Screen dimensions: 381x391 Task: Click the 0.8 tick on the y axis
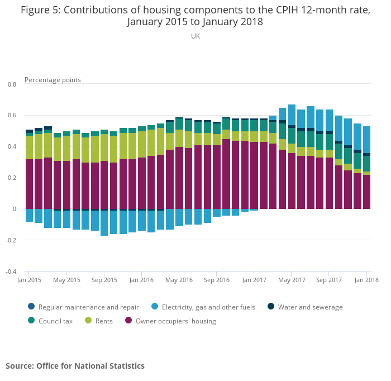point(12,84)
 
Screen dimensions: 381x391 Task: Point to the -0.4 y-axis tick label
point(11,272)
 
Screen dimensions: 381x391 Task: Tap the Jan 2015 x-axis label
point(29,280)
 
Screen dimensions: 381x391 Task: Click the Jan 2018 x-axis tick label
point(367,280)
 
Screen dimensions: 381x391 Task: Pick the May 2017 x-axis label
point(292,280)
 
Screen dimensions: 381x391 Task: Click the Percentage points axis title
point(53,80)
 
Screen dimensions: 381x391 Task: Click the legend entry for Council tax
point(54,321)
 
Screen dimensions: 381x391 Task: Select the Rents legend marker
point(88,321)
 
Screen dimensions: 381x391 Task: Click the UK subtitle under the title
point(195,36)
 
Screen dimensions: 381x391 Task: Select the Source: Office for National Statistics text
point(75,366)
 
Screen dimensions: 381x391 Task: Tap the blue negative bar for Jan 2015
point(29,215)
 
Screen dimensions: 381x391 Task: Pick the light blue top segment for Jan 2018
point(367,139)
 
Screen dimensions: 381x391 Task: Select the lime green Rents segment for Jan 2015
point(29,147)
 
